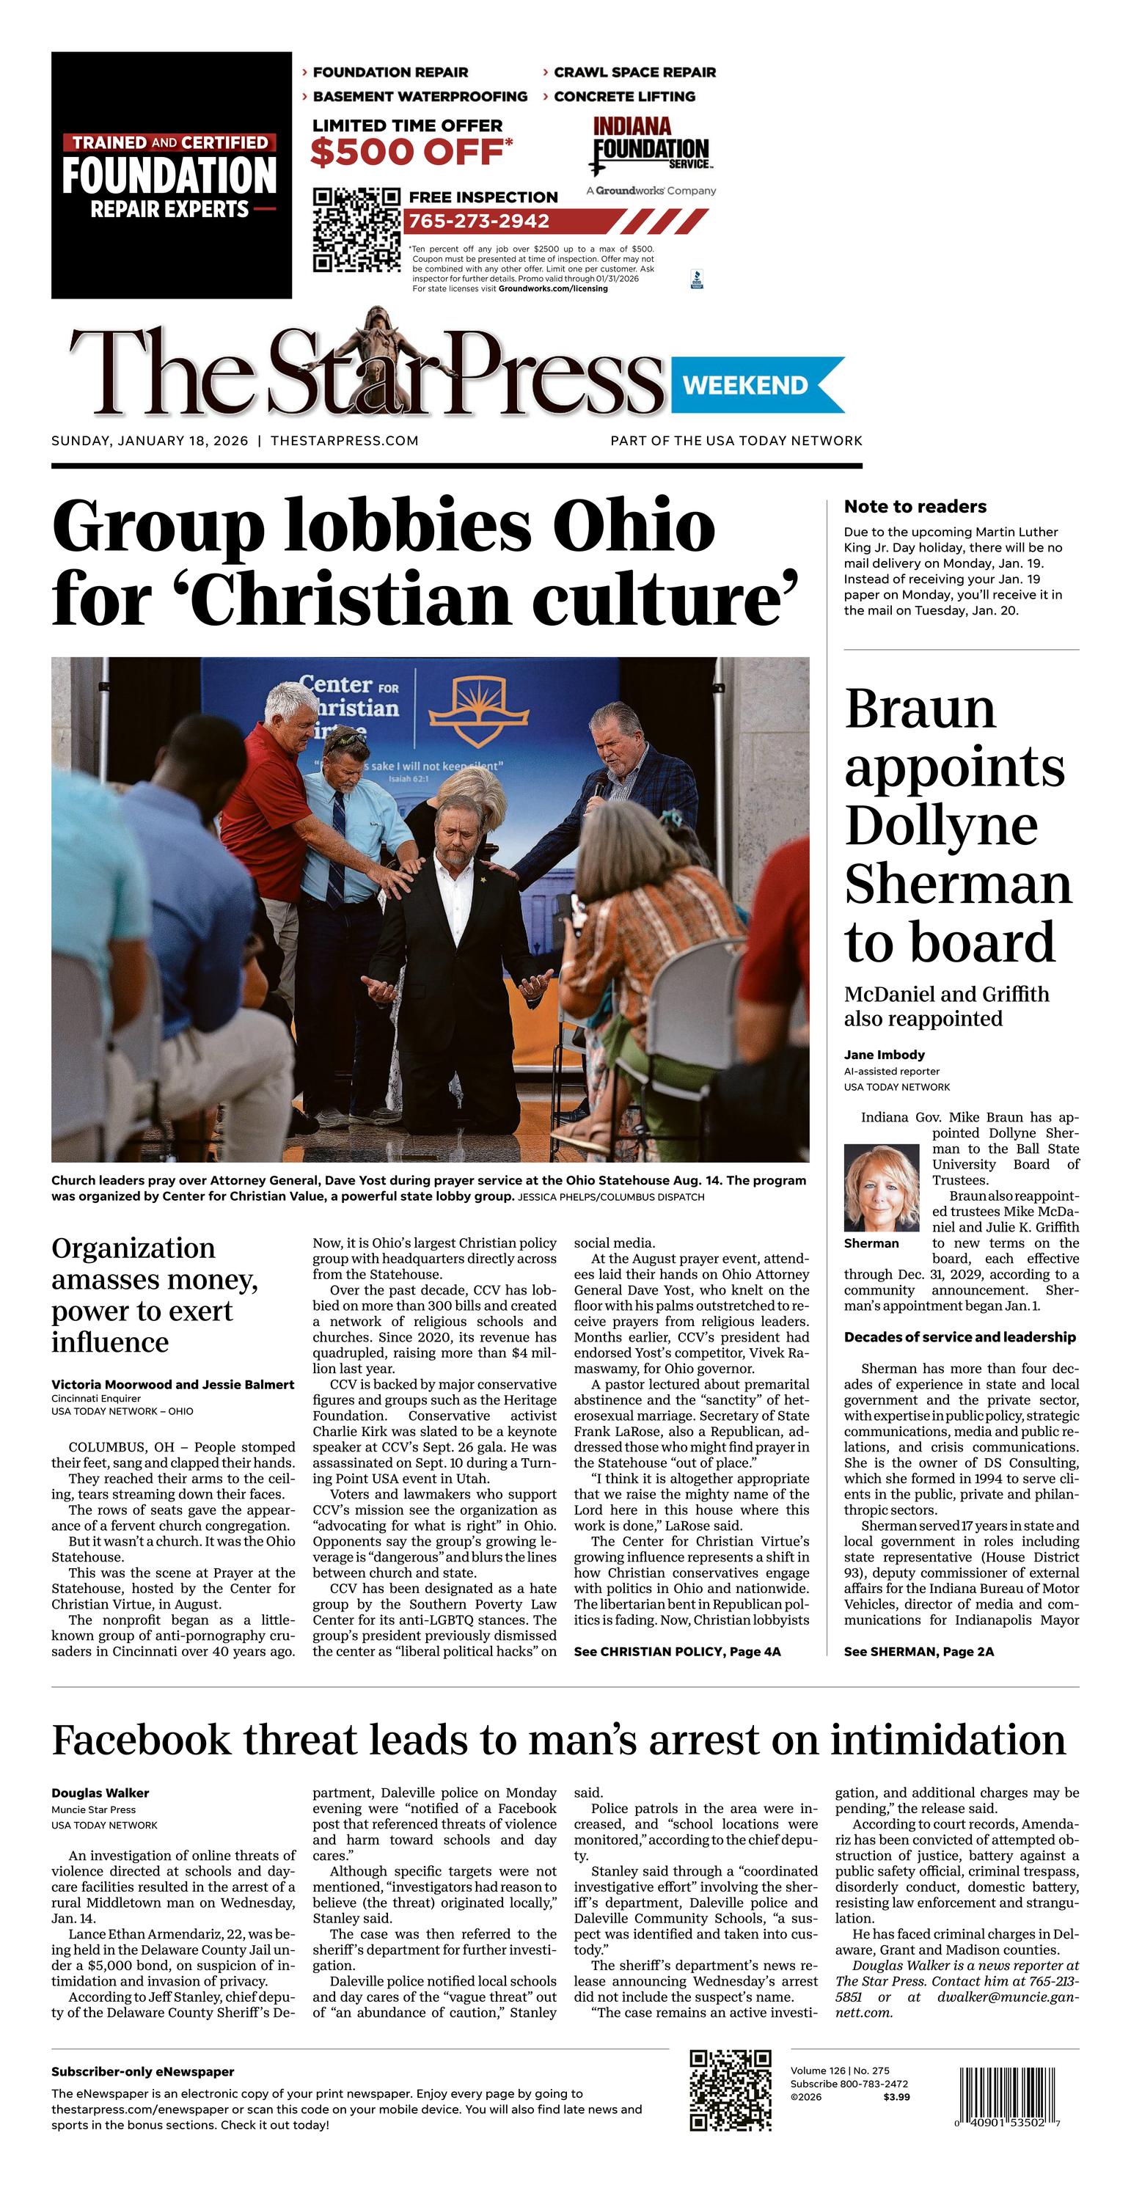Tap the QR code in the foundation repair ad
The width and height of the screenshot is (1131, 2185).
pos(356,230)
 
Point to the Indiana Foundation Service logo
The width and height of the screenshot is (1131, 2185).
pos(651,145)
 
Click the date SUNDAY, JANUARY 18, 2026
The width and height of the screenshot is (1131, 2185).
pos(150,441)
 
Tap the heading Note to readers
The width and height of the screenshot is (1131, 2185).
pos(915,506)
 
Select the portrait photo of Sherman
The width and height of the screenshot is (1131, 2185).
pos(882,1187)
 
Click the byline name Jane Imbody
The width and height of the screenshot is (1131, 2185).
pos(884,1054)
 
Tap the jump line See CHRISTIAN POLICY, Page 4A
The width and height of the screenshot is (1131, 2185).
pos(677,1652)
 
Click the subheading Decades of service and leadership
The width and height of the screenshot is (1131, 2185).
pos(959,1337)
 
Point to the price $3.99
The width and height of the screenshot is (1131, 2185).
pos(896,2097)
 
